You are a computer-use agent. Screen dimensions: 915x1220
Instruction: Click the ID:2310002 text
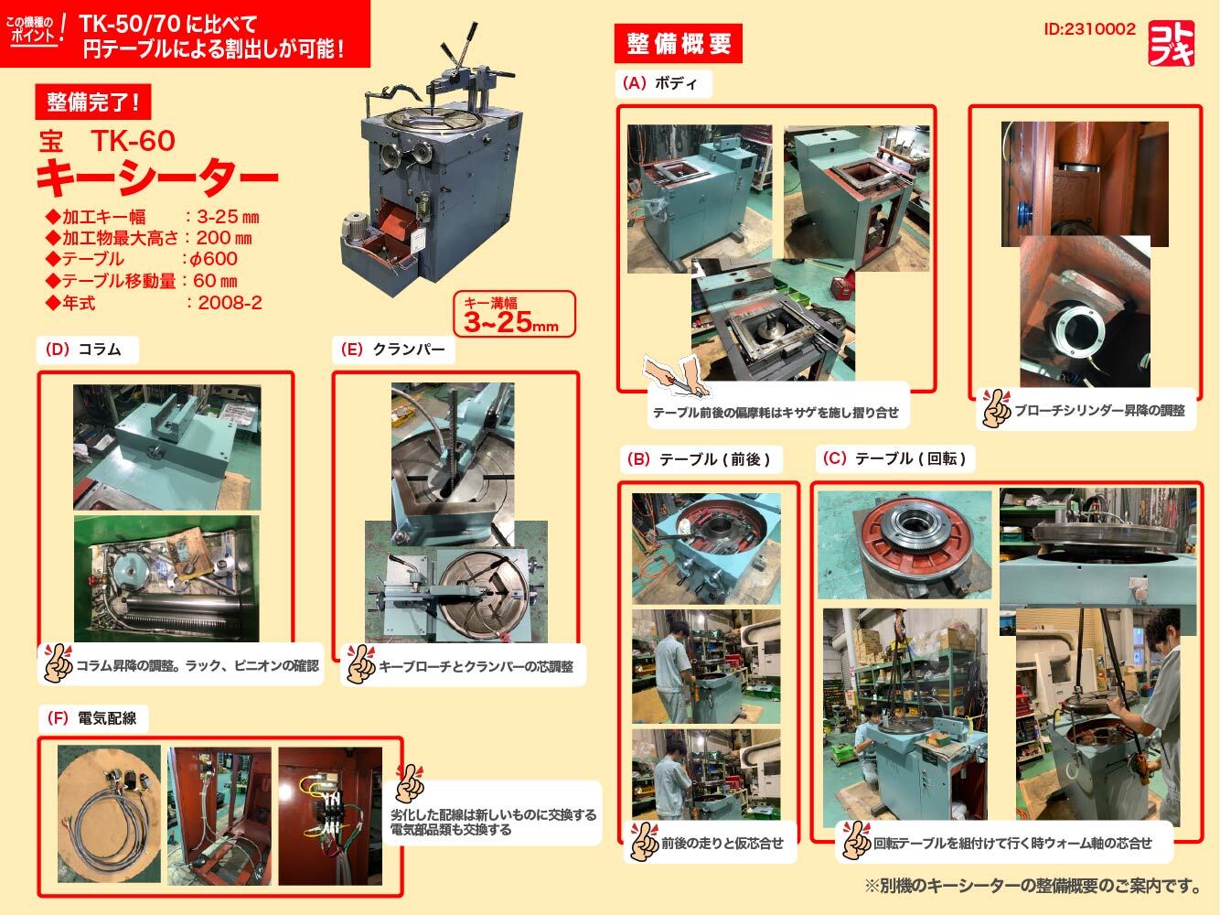coord(1088,29)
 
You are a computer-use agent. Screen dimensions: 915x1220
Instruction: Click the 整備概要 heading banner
coord(679,43)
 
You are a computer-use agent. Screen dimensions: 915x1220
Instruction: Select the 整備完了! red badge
coord(91,102)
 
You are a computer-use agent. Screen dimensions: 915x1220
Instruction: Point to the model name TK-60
coord(133,140)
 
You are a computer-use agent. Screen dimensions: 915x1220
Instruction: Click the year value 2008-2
coord(230,303)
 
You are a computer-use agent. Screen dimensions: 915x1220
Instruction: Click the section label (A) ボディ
coord(659,83)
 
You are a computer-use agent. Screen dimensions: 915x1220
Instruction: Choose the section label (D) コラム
coord(81,349)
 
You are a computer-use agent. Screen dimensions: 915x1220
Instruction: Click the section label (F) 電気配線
coord(91,718)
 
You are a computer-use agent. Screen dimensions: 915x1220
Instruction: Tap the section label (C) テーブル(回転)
coord(896,459)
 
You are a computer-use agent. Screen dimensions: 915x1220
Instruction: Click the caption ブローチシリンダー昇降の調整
coord(1098,411)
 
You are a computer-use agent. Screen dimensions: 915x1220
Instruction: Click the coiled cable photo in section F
coord(109,804)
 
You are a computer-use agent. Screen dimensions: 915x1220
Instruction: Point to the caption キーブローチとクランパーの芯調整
coord(476,667)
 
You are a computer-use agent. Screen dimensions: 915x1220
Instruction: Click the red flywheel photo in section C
coord(904,544)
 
